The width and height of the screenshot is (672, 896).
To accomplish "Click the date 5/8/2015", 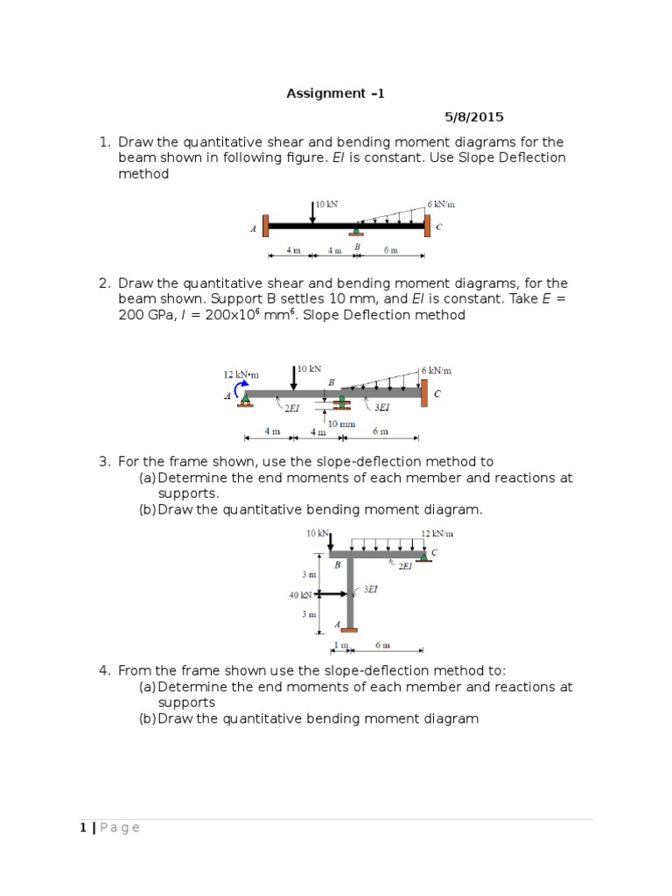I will (x=474, y=116).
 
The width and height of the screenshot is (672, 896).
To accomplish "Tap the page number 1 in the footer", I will (x=82, y=828).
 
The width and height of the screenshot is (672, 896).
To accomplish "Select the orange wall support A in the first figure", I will (x=266, y=226).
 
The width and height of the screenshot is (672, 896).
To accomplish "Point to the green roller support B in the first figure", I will (x=356, y=232).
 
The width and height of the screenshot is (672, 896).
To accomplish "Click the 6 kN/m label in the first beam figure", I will (x=441, y=203).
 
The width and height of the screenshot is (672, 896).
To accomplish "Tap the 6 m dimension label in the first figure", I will (x=390, y=250).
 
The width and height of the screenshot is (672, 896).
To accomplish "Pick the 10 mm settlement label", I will (x=342, y=423).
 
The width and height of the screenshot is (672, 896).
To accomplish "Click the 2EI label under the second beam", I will (x=291, y=408).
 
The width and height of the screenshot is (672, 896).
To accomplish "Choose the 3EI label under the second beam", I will (x=382, y=408).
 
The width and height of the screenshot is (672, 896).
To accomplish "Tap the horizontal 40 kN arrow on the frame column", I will (x=332, y=595).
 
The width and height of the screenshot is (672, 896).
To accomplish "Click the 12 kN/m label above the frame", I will (x=437, y=533).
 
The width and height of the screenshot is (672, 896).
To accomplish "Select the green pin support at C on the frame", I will (x=423, y=556).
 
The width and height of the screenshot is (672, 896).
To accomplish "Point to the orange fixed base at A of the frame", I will (x=349, y=628).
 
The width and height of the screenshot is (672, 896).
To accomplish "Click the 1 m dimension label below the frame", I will (x=339, y=646).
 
